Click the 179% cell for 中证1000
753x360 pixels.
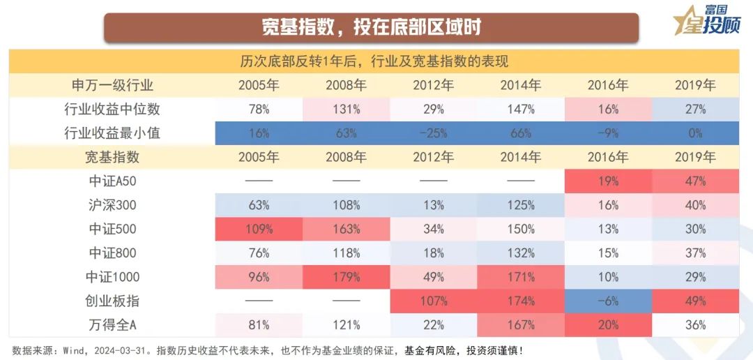346,277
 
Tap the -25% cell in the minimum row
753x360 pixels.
433,133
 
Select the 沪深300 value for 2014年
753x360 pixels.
520,205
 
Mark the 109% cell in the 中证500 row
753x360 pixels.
259,229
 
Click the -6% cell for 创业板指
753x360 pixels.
607,301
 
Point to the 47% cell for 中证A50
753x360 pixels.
694,181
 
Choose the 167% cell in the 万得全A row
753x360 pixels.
520,324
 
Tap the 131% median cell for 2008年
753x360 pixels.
346,109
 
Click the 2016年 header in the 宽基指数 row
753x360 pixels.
607,157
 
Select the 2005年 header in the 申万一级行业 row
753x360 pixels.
259,85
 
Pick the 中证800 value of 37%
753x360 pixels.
694,253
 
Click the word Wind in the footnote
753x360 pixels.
74,349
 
